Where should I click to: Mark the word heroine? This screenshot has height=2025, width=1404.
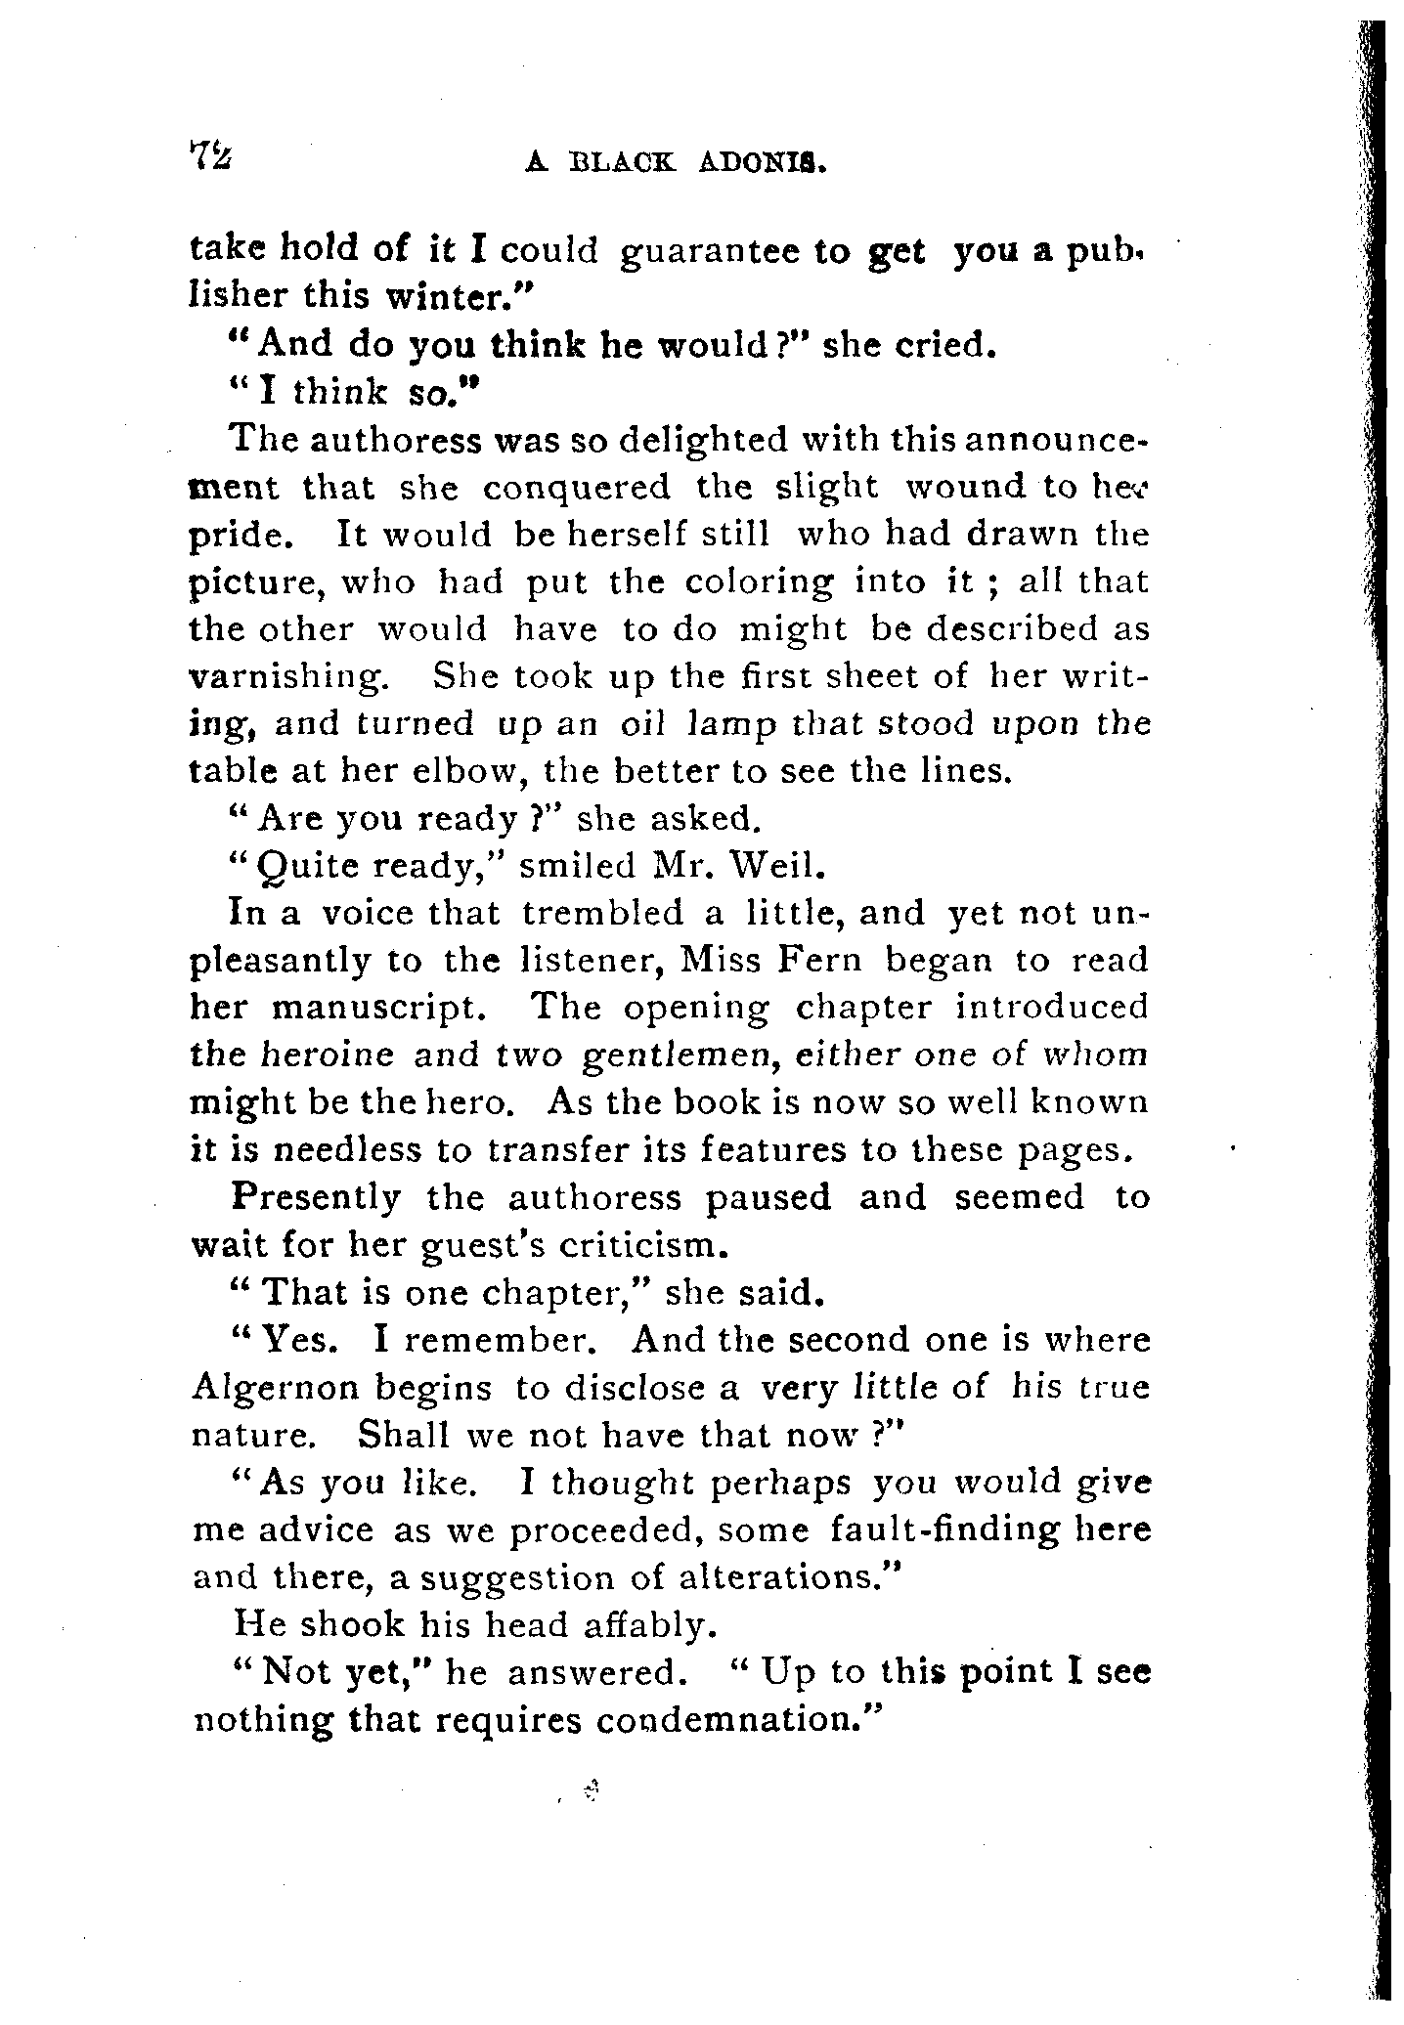[x=328, y=1056]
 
